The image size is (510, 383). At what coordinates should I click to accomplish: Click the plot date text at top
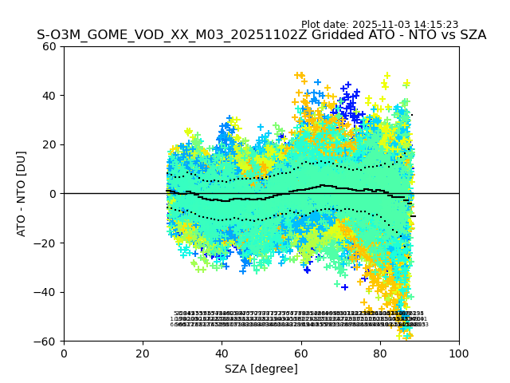click(379, 25)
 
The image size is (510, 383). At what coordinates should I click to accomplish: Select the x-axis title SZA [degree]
click(261, 369)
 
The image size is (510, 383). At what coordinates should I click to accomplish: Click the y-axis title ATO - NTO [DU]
click(22, 194)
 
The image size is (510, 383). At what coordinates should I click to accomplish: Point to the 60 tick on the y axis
click(50, 46)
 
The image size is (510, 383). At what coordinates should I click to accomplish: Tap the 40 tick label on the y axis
click(50, 96)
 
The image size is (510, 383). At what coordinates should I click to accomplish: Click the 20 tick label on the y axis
click(50, 144)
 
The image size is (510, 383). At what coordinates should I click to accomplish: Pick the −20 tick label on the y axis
click(47, 243)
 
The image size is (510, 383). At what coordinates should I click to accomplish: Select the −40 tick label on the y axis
click(47, 292)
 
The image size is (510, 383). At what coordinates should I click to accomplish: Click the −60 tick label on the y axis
click(47, 342)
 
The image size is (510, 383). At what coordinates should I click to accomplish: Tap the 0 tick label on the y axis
click(53, 194)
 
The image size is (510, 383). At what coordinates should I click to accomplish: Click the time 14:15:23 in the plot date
click(434, 25)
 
